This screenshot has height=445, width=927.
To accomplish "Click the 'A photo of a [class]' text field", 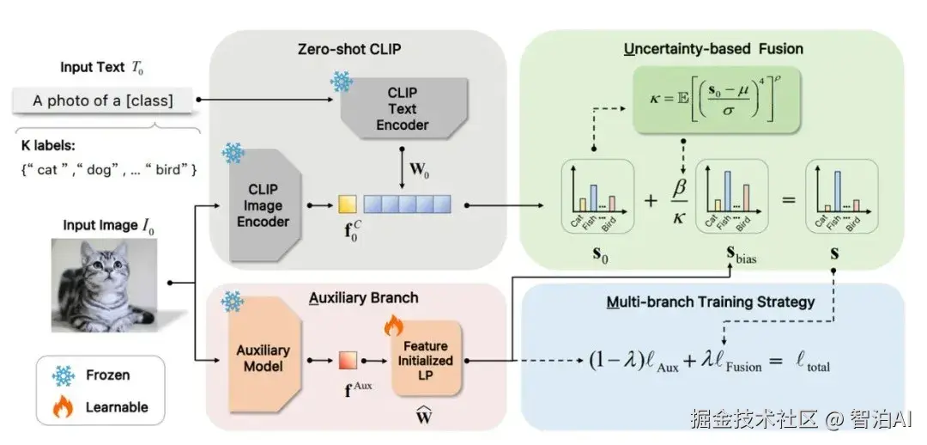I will pyautogui.click(x=103, y=101).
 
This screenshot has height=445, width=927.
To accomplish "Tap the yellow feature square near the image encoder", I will pyautogui.click(x=347, y=204).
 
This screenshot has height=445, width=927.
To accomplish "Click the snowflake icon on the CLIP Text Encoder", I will pyautogui.click(x=341, y=82).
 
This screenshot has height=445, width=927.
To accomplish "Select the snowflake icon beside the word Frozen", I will pyautogui.click(x=64, y=375).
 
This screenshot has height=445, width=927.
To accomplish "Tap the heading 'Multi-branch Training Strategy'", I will pyautogui.click(x=712, y=302).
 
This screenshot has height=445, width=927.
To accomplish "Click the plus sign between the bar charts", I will pyautogui.click(x=651, y=200).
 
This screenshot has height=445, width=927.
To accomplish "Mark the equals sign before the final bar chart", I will pyautogui.click(x=787, y=200).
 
